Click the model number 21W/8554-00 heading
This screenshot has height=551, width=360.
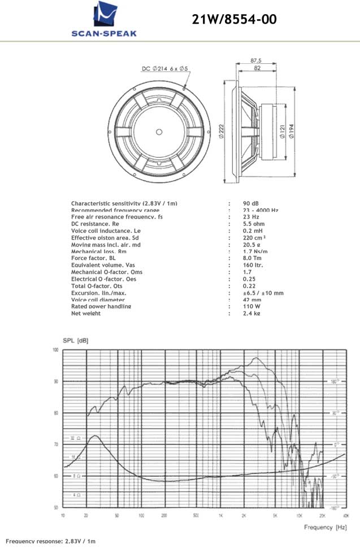point(235,20)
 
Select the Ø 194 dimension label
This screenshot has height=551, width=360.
point(291,132)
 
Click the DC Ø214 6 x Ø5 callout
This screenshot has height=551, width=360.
point(164,69)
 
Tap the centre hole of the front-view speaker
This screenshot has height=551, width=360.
point(159,132)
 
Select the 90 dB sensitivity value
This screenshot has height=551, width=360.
point(250,203)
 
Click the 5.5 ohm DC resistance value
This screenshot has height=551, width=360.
point(254,224)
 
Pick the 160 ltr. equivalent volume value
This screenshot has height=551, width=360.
point(253,265)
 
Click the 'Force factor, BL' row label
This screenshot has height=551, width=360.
point(97,258)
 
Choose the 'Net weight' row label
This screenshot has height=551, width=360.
point(86,313)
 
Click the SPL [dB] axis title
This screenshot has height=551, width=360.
point(76,341)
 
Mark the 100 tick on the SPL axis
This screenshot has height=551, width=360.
point(56,350)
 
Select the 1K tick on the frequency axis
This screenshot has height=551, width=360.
point(221,515)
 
